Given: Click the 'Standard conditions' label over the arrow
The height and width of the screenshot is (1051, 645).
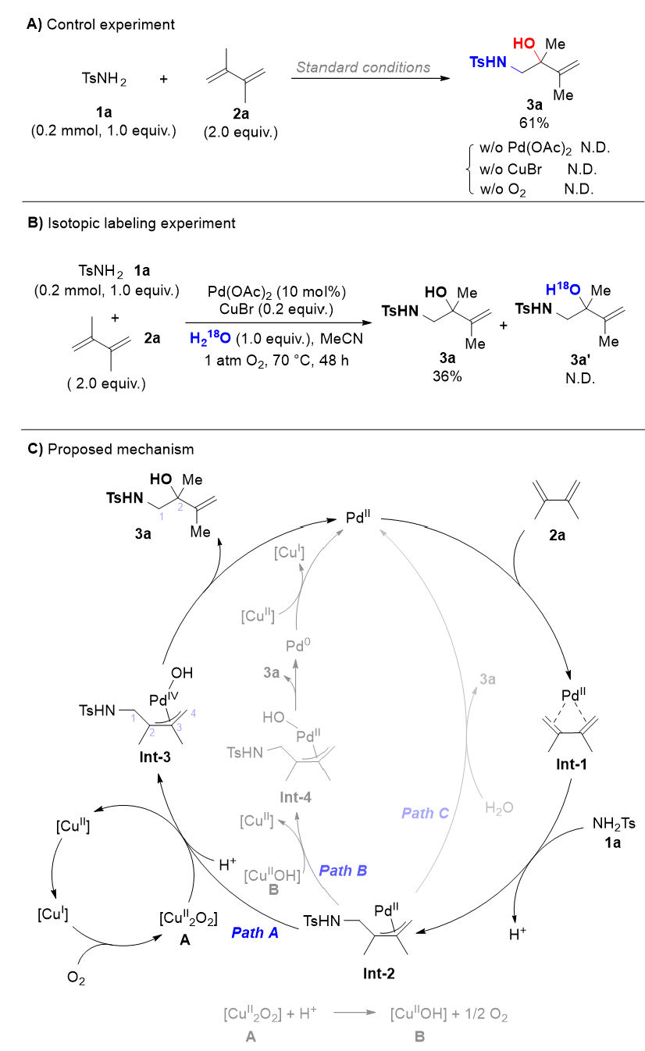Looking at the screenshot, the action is click(x=363, y=68).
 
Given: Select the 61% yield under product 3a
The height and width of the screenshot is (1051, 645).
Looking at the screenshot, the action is click(x=534, y=123).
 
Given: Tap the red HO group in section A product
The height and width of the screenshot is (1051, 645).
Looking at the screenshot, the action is click(x=524, y=44).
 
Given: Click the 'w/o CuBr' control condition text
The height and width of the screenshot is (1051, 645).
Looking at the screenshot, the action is click(x=511, y=169).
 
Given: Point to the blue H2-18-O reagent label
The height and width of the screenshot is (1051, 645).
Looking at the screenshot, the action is click(x=210, y=337).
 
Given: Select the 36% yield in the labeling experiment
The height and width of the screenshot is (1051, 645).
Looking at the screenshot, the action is click(x=447, y=376).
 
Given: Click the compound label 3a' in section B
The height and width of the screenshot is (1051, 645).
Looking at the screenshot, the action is click(x=580, y=360).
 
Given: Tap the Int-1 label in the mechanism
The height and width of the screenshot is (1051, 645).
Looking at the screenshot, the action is click(x=572, y=764).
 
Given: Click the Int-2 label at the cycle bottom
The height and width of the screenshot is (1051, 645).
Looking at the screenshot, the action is click(x=379, y=974).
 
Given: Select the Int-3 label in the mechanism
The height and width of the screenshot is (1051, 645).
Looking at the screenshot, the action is click(x=155, y=757).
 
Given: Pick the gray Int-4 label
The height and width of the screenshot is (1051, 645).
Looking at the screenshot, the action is click(x=295, y=797).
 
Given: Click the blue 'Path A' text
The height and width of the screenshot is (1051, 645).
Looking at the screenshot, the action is click(x=255, y=932).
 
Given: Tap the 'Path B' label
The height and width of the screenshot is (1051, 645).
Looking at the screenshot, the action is click(x=343, y=871).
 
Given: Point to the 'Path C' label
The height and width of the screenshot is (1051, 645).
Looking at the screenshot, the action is click(x=425, y=813).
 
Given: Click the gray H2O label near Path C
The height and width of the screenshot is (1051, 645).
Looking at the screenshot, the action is click(x=499, y=807).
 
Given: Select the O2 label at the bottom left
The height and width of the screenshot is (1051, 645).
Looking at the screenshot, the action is click(x=76, y=978).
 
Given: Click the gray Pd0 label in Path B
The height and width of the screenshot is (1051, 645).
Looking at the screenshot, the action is click(x=298, y=645).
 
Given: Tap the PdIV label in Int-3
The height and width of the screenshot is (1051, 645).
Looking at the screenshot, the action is click(x=164, y=699).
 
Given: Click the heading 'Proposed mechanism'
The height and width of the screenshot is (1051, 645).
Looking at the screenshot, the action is click(x=120, y=449).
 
